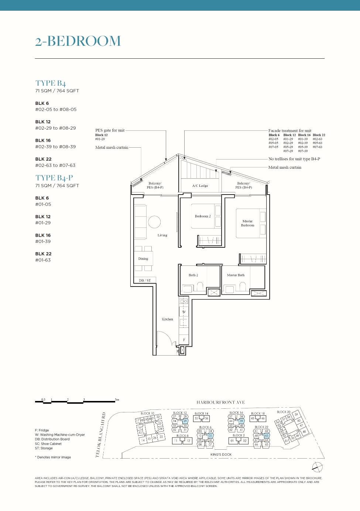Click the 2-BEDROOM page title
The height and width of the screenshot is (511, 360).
click(x=78, y=41)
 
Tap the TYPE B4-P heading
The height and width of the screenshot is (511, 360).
click(x=54, y=178)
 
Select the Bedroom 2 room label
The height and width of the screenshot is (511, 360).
click(x=203, y=216)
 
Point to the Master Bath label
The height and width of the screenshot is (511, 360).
click(x=236, y=275)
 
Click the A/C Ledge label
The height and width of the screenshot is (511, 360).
click(x=200, y=186)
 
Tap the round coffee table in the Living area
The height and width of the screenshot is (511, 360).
click(x=154, y=222)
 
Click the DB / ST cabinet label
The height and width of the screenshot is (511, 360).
click(x=145, y=280)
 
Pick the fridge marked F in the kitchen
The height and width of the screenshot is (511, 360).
click(x=184, y=340)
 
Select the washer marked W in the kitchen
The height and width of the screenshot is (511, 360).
click(x=184, y=312)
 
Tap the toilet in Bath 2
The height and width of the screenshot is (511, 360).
click(x=200, y=286)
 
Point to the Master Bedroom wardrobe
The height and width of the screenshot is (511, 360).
click(x=253, y=259)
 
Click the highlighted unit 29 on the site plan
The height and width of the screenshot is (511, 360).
click(x=185, y=421)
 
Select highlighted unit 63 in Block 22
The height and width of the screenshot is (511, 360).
click(x=267, y=436)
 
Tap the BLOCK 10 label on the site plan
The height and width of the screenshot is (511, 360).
click(x=147, y=413)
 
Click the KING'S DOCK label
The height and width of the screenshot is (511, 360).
click(x=221, y=455)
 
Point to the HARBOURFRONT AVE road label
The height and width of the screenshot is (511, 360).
click(x=220, y=402)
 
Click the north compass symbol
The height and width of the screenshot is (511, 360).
click(x=317, y=467)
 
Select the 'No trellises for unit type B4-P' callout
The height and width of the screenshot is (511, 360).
click(x=294, y=159)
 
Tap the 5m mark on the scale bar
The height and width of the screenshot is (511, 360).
click(x=117, y=399)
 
